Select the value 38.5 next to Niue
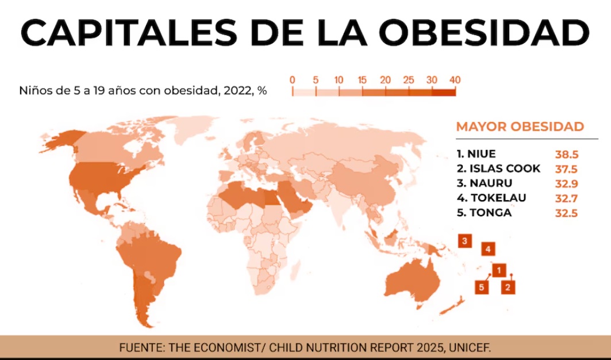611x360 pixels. point(566,155)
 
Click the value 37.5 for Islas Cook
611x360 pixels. point(566,169)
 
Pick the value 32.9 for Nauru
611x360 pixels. point(566,184)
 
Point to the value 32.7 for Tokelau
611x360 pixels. point(566,198)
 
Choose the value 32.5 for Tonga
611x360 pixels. point(566,213)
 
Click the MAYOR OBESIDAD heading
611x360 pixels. point(520,127)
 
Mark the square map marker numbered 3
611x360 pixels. point(465,241)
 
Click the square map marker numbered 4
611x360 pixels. point(487,249)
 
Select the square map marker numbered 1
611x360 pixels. point(499,269)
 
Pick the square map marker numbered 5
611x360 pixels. point(482,287)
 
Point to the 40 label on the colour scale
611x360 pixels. point(455,80)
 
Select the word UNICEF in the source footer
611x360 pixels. point(472,347)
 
